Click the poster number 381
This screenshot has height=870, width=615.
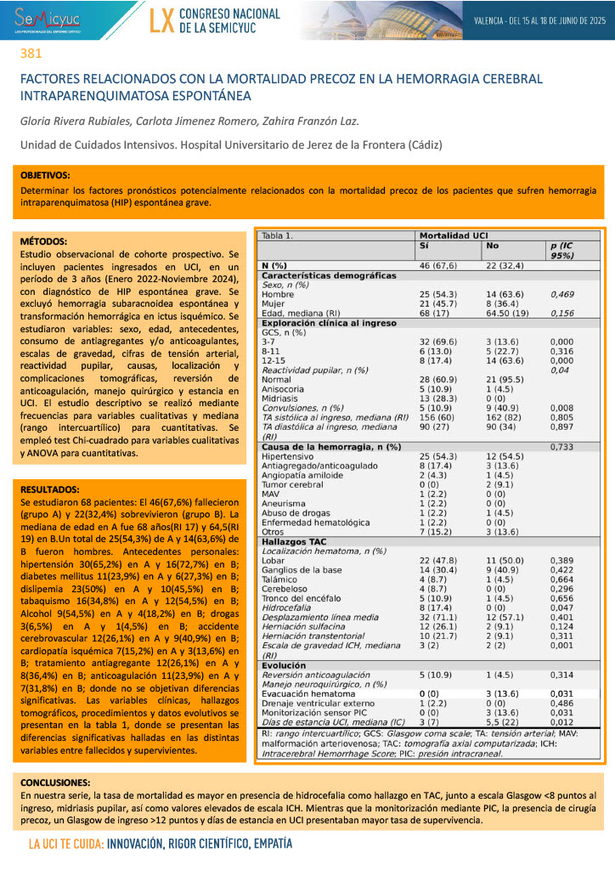coord(31,54)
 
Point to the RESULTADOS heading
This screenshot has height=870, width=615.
coord(49,489)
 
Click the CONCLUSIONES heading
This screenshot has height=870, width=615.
coord(55,782)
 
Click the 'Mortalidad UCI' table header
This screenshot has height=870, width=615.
coord(454,235)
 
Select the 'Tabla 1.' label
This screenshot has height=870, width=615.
coord(279,235)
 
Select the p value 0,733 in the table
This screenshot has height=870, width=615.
coord(562,446)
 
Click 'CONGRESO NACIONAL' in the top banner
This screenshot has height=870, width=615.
coord(229,14)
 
